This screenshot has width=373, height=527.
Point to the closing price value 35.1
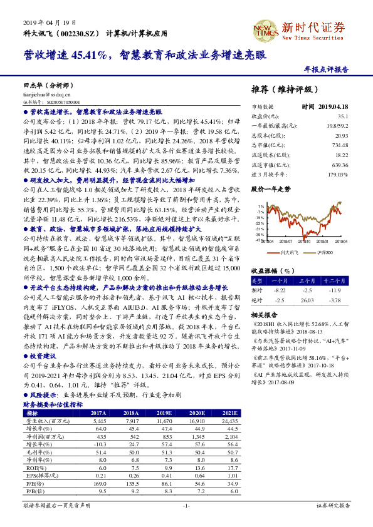pyautogui.click(x=343, y=116)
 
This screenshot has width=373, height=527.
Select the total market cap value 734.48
pyautogui.click(x=340, y=145)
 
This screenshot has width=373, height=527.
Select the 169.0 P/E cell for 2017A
pyautogui.click(x=97, y=484)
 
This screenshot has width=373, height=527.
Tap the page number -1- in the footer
pyautogui.click(x=186, y=505)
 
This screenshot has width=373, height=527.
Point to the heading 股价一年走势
pyautogui.click(x=271, y=188)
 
